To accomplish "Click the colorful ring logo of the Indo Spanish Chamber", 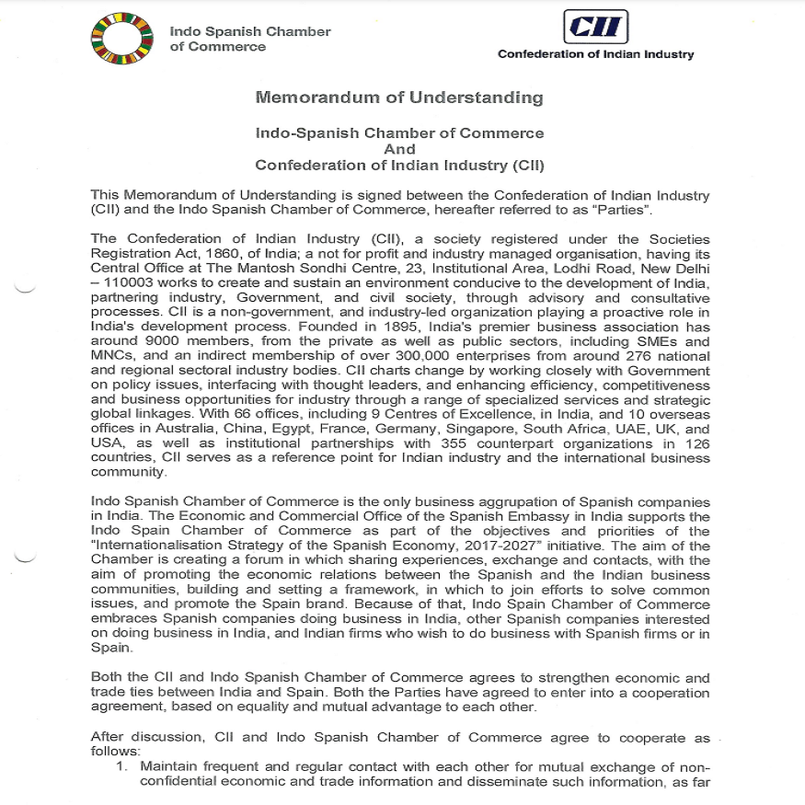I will [121, 40].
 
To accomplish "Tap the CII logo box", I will [597, 27].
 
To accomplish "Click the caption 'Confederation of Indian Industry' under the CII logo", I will [595, 54].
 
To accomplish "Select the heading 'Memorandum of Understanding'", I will [399, 98].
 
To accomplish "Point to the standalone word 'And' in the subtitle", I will [399, 149].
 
